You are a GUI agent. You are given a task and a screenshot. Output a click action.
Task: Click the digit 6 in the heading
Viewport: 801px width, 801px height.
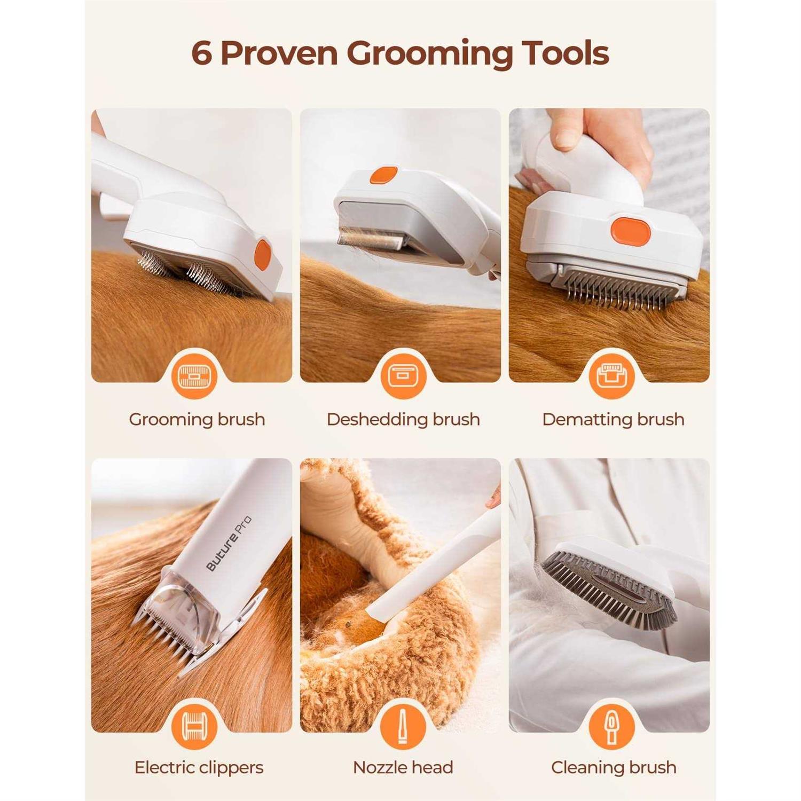[x=202, y=53]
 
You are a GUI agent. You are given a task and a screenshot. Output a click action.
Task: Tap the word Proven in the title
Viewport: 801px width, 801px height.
[x=279, y=53]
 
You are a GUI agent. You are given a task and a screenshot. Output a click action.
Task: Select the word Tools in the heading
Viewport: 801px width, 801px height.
[x=566, y=53]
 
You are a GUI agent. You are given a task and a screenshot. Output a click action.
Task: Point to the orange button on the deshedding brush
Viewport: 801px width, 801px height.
[x=384, y=175]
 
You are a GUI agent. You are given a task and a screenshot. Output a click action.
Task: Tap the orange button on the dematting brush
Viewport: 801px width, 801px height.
[x=631, y=231]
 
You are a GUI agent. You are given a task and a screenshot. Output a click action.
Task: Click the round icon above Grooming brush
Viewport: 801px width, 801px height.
[x=194, y=376]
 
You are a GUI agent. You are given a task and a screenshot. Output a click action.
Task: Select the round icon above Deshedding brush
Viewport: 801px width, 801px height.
[x=403, y=376]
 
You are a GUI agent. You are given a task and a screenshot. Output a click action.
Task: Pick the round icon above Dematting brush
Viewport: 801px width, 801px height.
[x=612, y=376]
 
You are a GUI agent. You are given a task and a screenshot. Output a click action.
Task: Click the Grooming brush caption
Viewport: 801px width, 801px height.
[x=197, y=419]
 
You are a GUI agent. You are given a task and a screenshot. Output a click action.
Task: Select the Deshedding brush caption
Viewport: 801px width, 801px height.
[x=403, y=419]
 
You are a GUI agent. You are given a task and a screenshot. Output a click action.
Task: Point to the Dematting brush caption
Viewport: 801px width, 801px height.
[x=613, y=419]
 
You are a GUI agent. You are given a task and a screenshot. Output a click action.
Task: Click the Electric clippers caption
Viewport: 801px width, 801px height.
[x=199, y=767]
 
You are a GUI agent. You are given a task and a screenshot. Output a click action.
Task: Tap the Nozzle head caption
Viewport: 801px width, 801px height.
[x=403, y=767]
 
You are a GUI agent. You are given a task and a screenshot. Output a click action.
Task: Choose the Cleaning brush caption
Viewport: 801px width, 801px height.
[x=614, y=767]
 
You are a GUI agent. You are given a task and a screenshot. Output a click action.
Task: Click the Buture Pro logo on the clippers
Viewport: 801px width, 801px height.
[x=229, y=544]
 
